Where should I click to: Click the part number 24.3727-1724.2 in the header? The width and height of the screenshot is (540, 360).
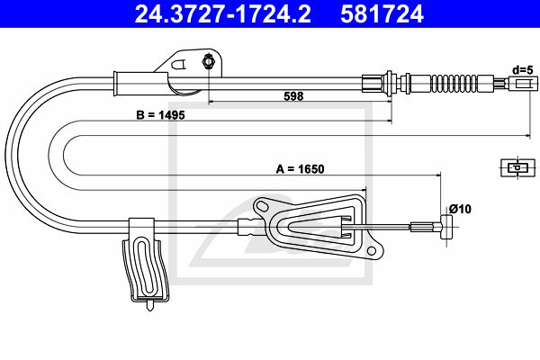(x=223, y=14)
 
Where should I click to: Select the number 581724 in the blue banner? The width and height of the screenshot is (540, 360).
(x=382, y=14)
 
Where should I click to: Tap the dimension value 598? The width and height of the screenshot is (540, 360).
(x=293, y=96)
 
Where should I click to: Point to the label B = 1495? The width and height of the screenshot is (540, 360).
(x=160, y=114)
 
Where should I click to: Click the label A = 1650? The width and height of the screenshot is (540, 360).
(x=300, y=169)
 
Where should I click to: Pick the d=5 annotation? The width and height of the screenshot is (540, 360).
(x=522, y=70)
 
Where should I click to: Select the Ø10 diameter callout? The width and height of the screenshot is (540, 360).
(x=460, y=209)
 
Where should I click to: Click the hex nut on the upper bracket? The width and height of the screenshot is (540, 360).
(x=208, y=61)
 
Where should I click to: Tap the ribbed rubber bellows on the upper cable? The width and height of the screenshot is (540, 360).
(x=454, y=84)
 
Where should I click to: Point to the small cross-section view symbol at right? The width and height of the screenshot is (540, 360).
(x=517, y=167)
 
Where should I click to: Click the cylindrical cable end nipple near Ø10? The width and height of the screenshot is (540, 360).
(x=446, y=227)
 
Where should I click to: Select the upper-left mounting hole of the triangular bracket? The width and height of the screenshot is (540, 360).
(x=263, y=206)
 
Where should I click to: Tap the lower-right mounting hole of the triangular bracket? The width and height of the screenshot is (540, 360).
(x=372, y=251)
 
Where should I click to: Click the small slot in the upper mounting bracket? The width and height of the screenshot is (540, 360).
(x=179, y=65)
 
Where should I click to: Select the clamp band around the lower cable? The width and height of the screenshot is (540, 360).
(x=141, y=228)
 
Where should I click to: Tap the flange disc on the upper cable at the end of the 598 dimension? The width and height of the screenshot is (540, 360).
(x=390, y=84)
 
